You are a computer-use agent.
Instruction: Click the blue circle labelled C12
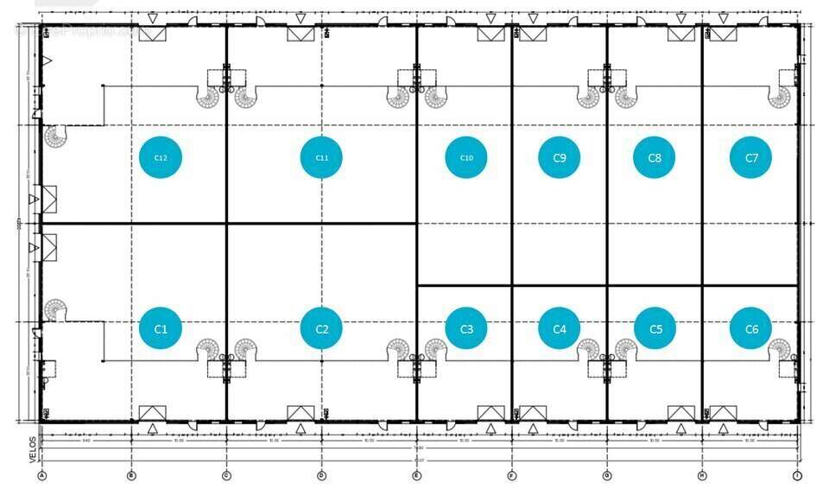pyautogui.click(x=161, y=158)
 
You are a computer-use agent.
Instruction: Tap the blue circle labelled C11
pyautogui.click(x=321, y=158)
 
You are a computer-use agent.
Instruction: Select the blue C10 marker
pyautogui.click(x=466, y=158)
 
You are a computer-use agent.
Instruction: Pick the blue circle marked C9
pyautogui.click(x=559, y=158)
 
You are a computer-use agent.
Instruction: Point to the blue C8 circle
pyautogui.click(x=655, y=158)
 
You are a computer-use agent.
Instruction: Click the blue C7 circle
pyautogui.click(x=750, y=158)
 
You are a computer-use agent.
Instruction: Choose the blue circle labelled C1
pyautogui.click(x=161, y=328)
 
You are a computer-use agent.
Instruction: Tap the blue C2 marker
pyautogui.click(x=321, y=328)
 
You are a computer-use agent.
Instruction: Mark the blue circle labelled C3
pyautogui.click(x=466, y=328)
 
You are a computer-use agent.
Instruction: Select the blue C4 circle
pyautogui.click(x=559, y=328)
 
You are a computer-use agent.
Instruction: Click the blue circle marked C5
pyautogui.click(x=655, y=328)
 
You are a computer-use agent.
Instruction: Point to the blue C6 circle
pyautogui.click(x=750, y=328)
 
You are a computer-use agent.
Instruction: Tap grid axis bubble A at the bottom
pyautogui.click(x=41, y=475)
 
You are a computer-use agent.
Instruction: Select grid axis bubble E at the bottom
pyautogui.click(x=416, y=475)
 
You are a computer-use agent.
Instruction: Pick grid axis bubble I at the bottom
pyautogui.click(x=796, y=475)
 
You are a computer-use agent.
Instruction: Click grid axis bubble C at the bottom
pyautogui.click(x=226, y=475)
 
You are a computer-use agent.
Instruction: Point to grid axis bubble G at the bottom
pyautogui.click(x=606, y=475)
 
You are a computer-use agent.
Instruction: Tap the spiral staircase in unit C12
pyautogui.click(x=56, y=137)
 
